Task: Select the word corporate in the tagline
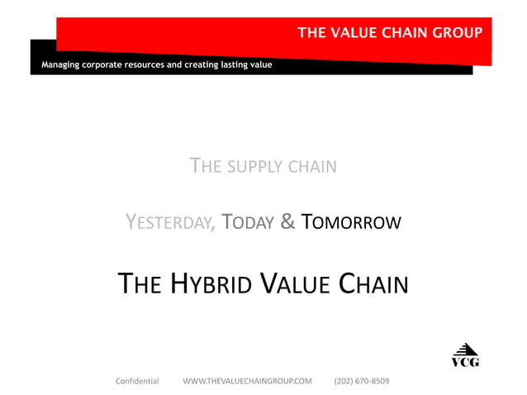(x=102, y=64)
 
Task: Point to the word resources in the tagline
(x=145, y=64)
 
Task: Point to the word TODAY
(x=248, y=222)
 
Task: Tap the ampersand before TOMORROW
(x=287, y=222)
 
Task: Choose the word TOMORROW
(x=351, y=222)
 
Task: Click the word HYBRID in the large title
(x=211, y=285)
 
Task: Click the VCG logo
(x=465, y=355)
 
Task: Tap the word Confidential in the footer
(x=137, y=381)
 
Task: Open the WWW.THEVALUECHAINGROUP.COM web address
(x=247, y=381)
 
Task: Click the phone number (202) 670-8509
(x=362, y=381)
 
